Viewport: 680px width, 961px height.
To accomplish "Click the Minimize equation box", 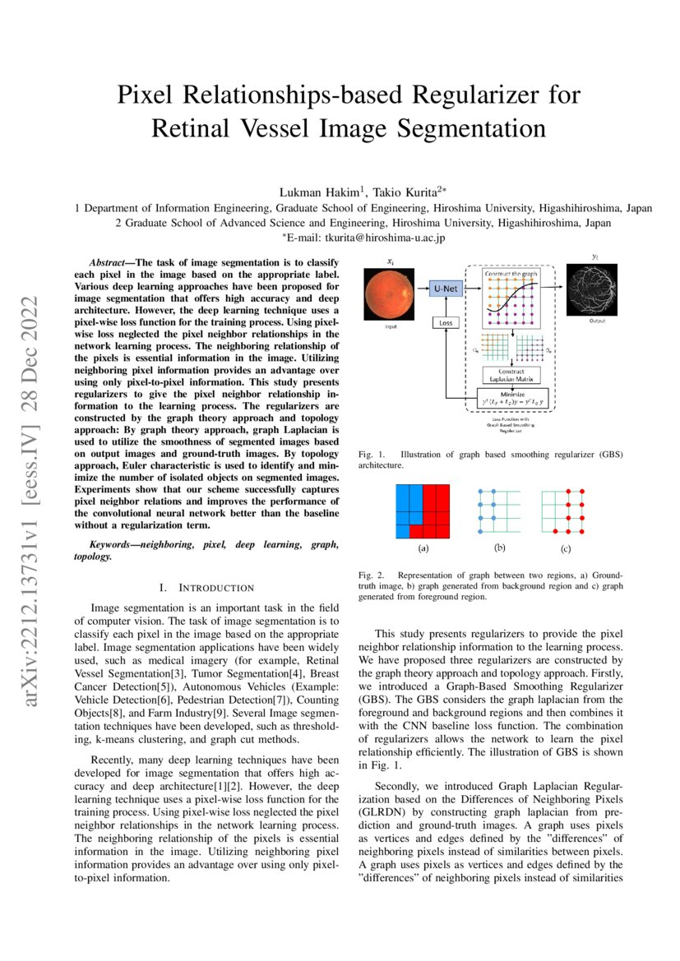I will pyautogui.click(x=511, y=398).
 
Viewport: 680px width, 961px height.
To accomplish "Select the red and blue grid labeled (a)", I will pyautogui.click(x=423, y=511).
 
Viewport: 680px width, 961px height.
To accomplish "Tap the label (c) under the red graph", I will pyautogui.click(x=565, y=547).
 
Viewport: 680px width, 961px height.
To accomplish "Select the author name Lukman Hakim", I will pyautogui.click(x=322, y=192).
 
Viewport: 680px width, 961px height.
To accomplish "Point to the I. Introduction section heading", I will pyautogui.click(x=206, y=587).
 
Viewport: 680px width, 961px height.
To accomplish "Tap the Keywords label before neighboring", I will pyautogui.click(x=112, y=545).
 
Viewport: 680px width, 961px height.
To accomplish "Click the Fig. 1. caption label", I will pyautogui.click(x=372, y=454).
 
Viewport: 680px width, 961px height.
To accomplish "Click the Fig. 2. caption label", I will pyautogui.click(x=372, y=575).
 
